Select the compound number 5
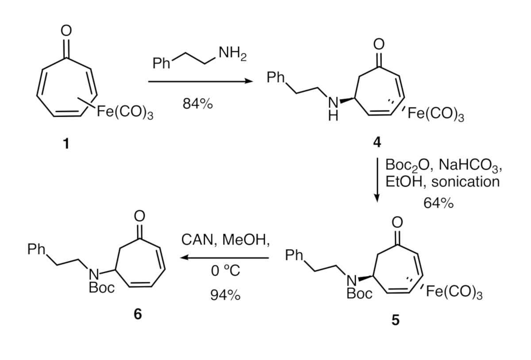[395, 320]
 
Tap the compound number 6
[138, 314]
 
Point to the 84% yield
[197, 104]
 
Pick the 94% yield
[225, 295]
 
